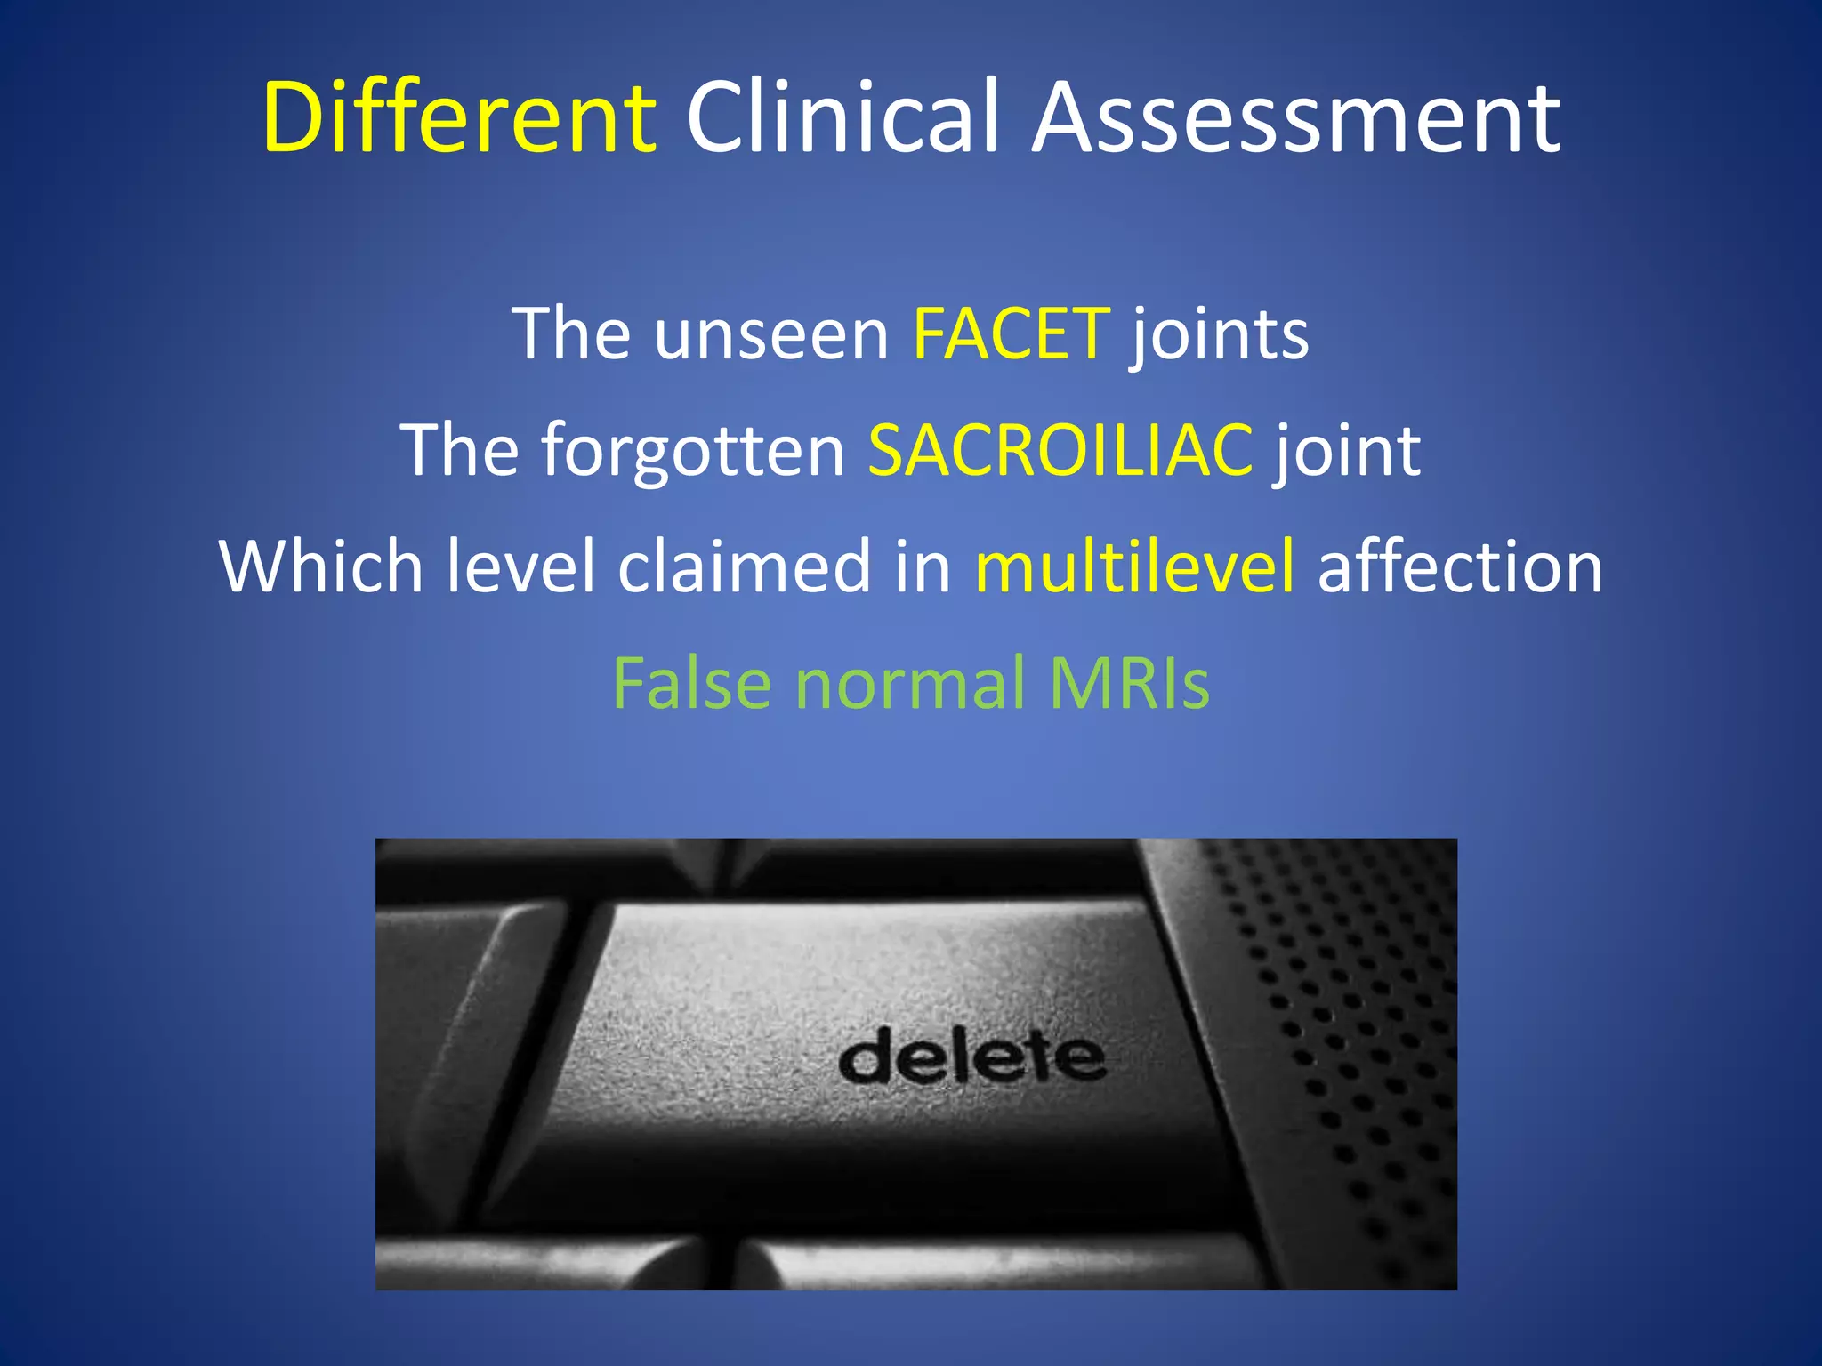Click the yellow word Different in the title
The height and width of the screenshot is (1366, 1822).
pyautogui.click(x=459, y=118)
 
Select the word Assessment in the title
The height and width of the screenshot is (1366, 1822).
pyautogui.click(x=1297, y=118)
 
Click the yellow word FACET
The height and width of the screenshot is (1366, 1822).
pyautogui.click(x=1012, y=333)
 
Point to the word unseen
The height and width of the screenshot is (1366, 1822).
pyautogui.click(x=771, y=333)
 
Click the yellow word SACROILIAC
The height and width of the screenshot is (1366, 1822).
pyautogui.click(x=1060, y=450)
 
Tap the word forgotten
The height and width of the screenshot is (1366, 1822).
pyautogui.click(x=693, y=450)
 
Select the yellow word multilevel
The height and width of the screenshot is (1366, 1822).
pyautogui.click(x=1134, y=566)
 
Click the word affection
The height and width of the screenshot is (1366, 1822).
pyautogui.click(x=1460, y=566)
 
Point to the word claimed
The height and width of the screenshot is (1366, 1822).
pyautogui.click(x=744, y=566)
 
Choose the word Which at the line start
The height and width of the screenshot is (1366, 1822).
pyautogui.click(x=320, y=566)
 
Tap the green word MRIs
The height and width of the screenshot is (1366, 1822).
pyautogui.click(x=1129, y=683)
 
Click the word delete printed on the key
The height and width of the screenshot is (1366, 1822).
pyautogui.click(x=971, y=1057)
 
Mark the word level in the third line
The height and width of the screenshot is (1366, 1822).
pyautogui.click(x=520, y=566)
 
